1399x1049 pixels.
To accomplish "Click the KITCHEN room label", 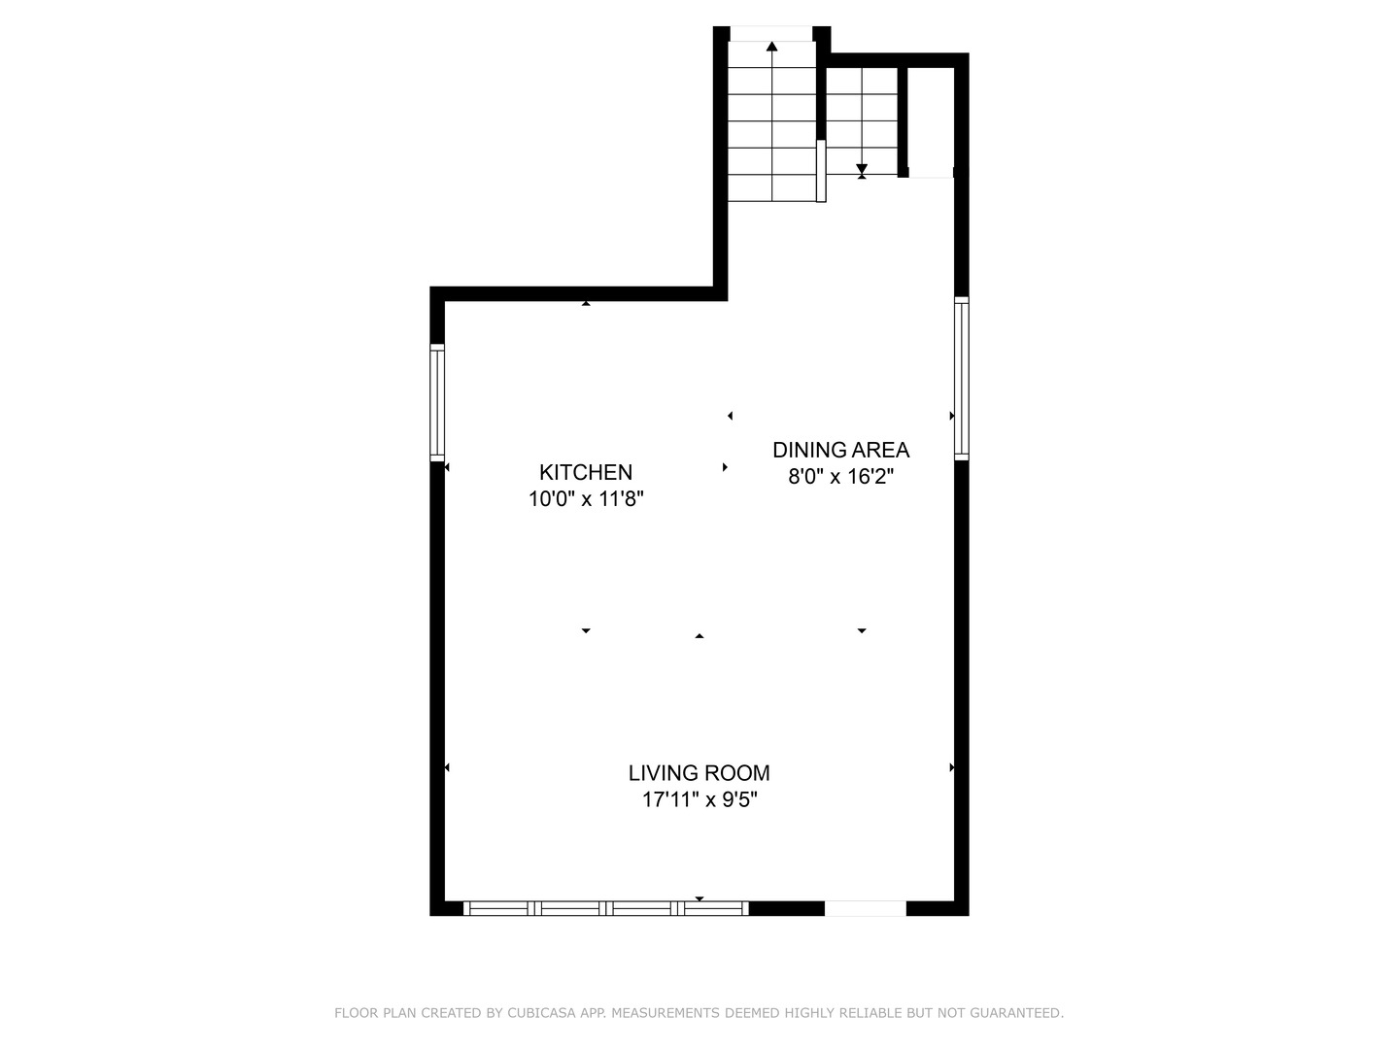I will point(586,473).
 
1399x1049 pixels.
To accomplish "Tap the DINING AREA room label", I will point(840,450).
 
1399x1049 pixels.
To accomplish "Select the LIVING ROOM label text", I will point(699,773).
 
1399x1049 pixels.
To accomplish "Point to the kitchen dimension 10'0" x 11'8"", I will point(586,499).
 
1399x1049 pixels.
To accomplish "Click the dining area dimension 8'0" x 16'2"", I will point(840,477).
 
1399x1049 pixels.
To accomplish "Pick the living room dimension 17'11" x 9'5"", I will point(699,800).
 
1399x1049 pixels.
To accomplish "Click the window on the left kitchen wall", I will point(437,402).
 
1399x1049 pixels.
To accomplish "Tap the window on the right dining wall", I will point(961,378).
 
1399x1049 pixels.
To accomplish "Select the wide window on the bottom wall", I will point(605,908).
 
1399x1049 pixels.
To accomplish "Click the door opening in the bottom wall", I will point(865,908).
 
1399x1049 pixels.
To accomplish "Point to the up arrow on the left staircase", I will point(771,46).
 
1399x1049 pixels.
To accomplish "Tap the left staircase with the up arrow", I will point(771,121).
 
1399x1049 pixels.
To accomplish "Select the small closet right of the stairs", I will point(931,121).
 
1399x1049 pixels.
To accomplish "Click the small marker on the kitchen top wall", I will point(586,304).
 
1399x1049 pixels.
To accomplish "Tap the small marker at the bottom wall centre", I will point(699,898).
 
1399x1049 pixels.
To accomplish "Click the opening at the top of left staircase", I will point(771,33).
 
